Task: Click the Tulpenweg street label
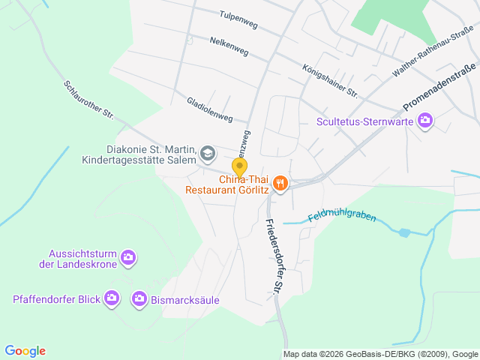pos(238,19)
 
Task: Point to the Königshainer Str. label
pos(329,80)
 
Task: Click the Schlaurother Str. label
pos(88,99)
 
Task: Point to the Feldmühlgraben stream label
pos(341,217)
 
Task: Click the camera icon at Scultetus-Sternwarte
pos(426,120)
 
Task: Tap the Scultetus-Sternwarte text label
pos(365,121)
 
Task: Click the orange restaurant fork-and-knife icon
pos(280,184)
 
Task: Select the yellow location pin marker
pos(240,167)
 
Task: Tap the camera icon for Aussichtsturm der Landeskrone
pos(128,257)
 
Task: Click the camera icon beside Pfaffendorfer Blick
pos(112,299)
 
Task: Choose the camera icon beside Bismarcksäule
pos(139,299)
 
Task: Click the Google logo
pos(25,351)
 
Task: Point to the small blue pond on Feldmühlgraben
pos(405,233)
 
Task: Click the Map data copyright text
pos(380,354)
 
